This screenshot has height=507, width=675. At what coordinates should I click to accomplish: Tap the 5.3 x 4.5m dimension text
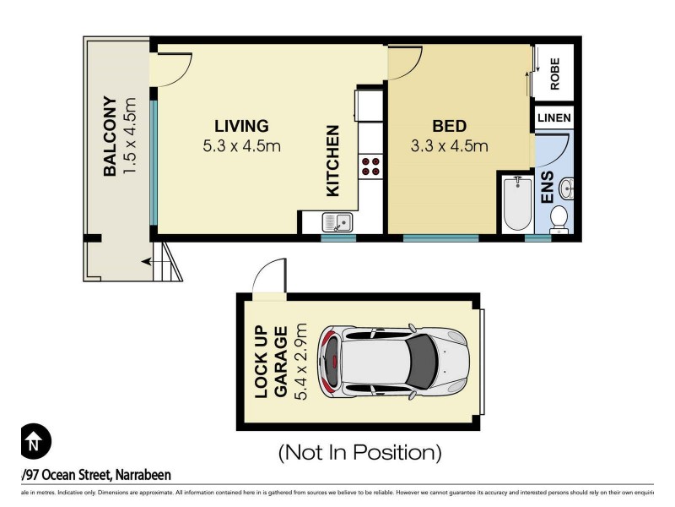click(x=241, y=145)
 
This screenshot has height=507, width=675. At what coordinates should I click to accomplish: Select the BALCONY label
click(x=110, y=136)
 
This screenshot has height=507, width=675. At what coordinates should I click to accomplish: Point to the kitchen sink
click(x=338, y=222)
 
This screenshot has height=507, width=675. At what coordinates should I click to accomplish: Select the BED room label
click(x=450, y=126)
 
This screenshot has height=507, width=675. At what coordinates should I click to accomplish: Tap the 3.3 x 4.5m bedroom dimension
click(x=450, y=145)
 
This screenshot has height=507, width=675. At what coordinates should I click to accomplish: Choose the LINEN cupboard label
click(x=553, y=118)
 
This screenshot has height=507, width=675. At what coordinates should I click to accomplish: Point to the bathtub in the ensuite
click(x=516, y=203)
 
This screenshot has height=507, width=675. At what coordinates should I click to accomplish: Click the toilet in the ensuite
click(x=559, y=219)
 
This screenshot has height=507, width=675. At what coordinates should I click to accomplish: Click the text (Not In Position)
click(x=360, y=453)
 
